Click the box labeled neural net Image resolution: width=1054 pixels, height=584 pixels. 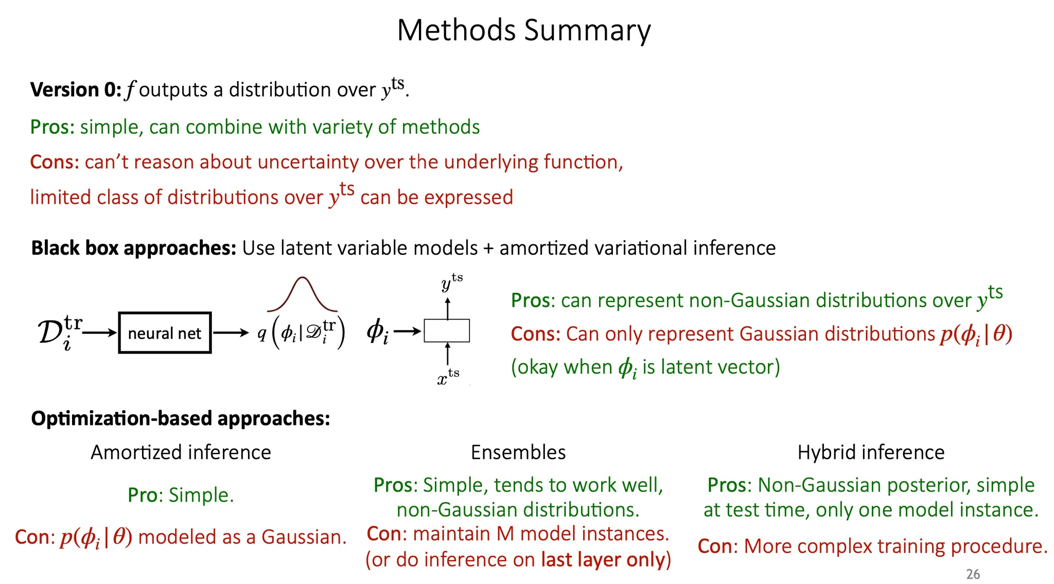point(165,333)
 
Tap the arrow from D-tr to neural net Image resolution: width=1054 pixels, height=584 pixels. point(100,333)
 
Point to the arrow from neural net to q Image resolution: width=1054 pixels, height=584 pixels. point(231,333)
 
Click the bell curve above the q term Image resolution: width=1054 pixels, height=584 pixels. point(302,278)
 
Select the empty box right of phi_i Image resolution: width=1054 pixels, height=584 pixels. point(447,331)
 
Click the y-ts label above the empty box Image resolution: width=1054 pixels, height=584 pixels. point(452,282)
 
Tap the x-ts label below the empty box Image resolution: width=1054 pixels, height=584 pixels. point(448,377)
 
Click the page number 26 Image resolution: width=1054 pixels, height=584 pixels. point(973,574)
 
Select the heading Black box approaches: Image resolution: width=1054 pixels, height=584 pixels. point(134,248)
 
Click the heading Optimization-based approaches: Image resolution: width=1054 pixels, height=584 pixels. point(181,418)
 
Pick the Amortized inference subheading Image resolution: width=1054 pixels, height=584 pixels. point(181,452)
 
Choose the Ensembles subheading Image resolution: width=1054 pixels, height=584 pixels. point(518,452)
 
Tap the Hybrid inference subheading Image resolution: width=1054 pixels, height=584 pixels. point(871,452)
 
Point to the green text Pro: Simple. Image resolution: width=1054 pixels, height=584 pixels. point(181,495)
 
